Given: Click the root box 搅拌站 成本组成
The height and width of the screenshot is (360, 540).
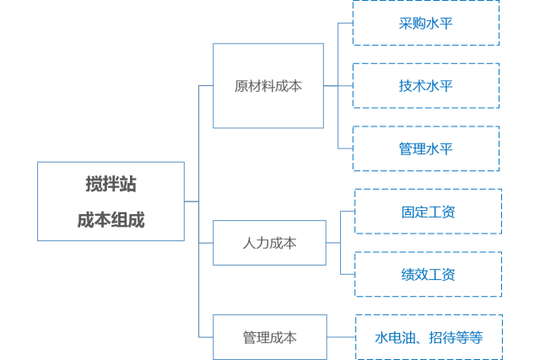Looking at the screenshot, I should click(111, 201).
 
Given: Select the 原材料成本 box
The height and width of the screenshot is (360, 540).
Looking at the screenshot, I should click(267, 86).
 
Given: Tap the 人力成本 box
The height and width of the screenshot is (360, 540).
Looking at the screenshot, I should click(269, 243).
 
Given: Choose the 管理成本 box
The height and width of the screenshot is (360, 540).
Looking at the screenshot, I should click(269, 337).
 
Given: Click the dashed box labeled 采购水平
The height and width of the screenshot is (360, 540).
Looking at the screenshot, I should click(425, 23).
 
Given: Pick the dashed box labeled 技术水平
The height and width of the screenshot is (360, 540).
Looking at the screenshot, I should click(425, 86).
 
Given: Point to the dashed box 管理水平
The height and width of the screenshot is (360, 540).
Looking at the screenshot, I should click(425, 149).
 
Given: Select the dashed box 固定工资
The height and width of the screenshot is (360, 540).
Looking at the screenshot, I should click(428, 212).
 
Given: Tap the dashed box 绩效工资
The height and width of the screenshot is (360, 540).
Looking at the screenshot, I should click(428, 274).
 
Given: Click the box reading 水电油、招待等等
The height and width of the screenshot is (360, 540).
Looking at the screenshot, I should click(429, 337).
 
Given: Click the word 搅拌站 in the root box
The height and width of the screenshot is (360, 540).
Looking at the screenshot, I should click(111, 184).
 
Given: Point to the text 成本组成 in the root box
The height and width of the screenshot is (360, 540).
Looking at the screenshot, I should click(111, 220).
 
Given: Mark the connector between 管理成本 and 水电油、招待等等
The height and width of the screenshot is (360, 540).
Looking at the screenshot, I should click(341, 337).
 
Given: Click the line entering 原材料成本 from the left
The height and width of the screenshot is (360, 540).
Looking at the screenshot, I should click(206, 86).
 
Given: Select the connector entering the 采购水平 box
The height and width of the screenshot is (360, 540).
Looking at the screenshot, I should click(345, 23).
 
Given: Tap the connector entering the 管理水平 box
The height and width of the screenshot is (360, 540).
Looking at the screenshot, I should click(345, 149).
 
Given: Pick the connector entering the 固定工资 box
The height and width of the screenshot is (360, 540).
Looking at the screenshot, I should click(347, 212).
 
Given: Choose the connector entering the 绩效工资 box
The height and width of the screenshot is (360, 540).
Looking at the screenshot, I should click(347, 274).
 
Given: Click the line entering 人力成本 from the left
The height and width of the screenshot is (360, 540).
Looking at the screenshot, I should click(206, 243).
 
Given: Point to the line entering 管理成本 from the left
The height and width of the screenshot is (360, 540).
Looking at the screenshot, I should click(206, 337).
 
